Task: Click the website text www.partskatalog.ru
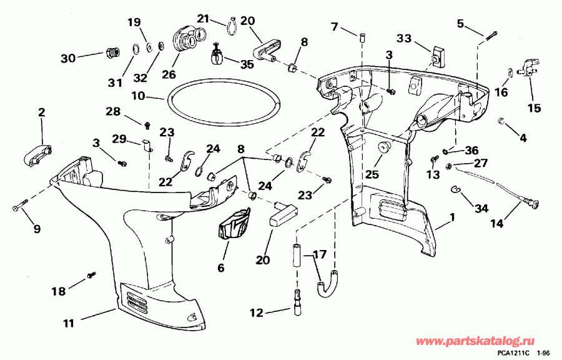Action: click(x=483, y=341)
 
